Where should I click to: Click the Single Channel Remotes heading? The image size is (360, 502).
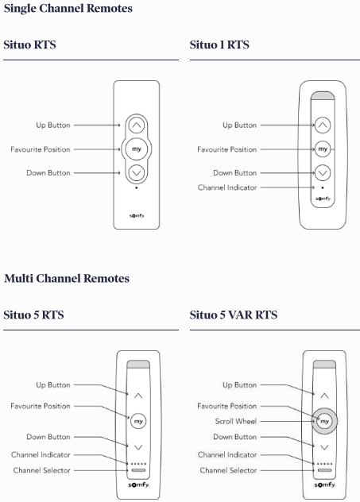click(x=68, y=9)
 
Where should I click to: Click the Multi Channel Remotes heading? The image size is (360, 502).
click(x=67, y=279)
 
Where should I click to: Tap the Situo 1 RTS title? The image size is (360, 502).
click(x=219, y=45)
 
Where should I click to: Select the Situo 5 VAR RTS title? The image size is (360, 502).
click(x=233, y=315)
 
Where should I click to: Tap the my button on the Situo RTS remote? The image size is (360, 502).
click(x=137, y=149)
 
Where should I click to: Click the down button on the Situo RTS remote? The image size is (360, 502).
click(x=137, y=172)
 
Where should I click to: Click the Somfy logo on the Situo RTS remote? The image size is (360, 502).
click(x=137, y=215)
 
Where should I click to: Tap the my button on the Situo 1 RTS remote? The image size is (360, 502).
click(x=322, y=149)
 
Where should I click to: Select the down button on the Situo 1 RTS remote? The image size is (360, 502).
click(x=322, y=172)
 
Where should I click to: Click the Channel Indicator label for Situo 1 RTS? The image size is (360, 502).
click(x=227, y=187)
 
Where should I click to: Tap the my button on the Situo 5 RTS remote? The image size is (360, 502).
click(x=138, y=420)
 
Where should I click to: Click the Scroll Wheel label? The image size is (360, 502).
click(x=234, y=421)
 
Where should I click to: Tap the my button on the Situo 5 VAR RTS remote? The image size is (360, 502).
click(x=323, y=420)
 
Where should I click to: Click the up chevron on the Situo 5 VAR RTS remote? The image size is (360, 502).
click(x=323, y=395)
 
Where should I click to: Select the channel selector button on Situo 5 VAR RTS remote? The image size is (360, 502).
click(x=323, y=470)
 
